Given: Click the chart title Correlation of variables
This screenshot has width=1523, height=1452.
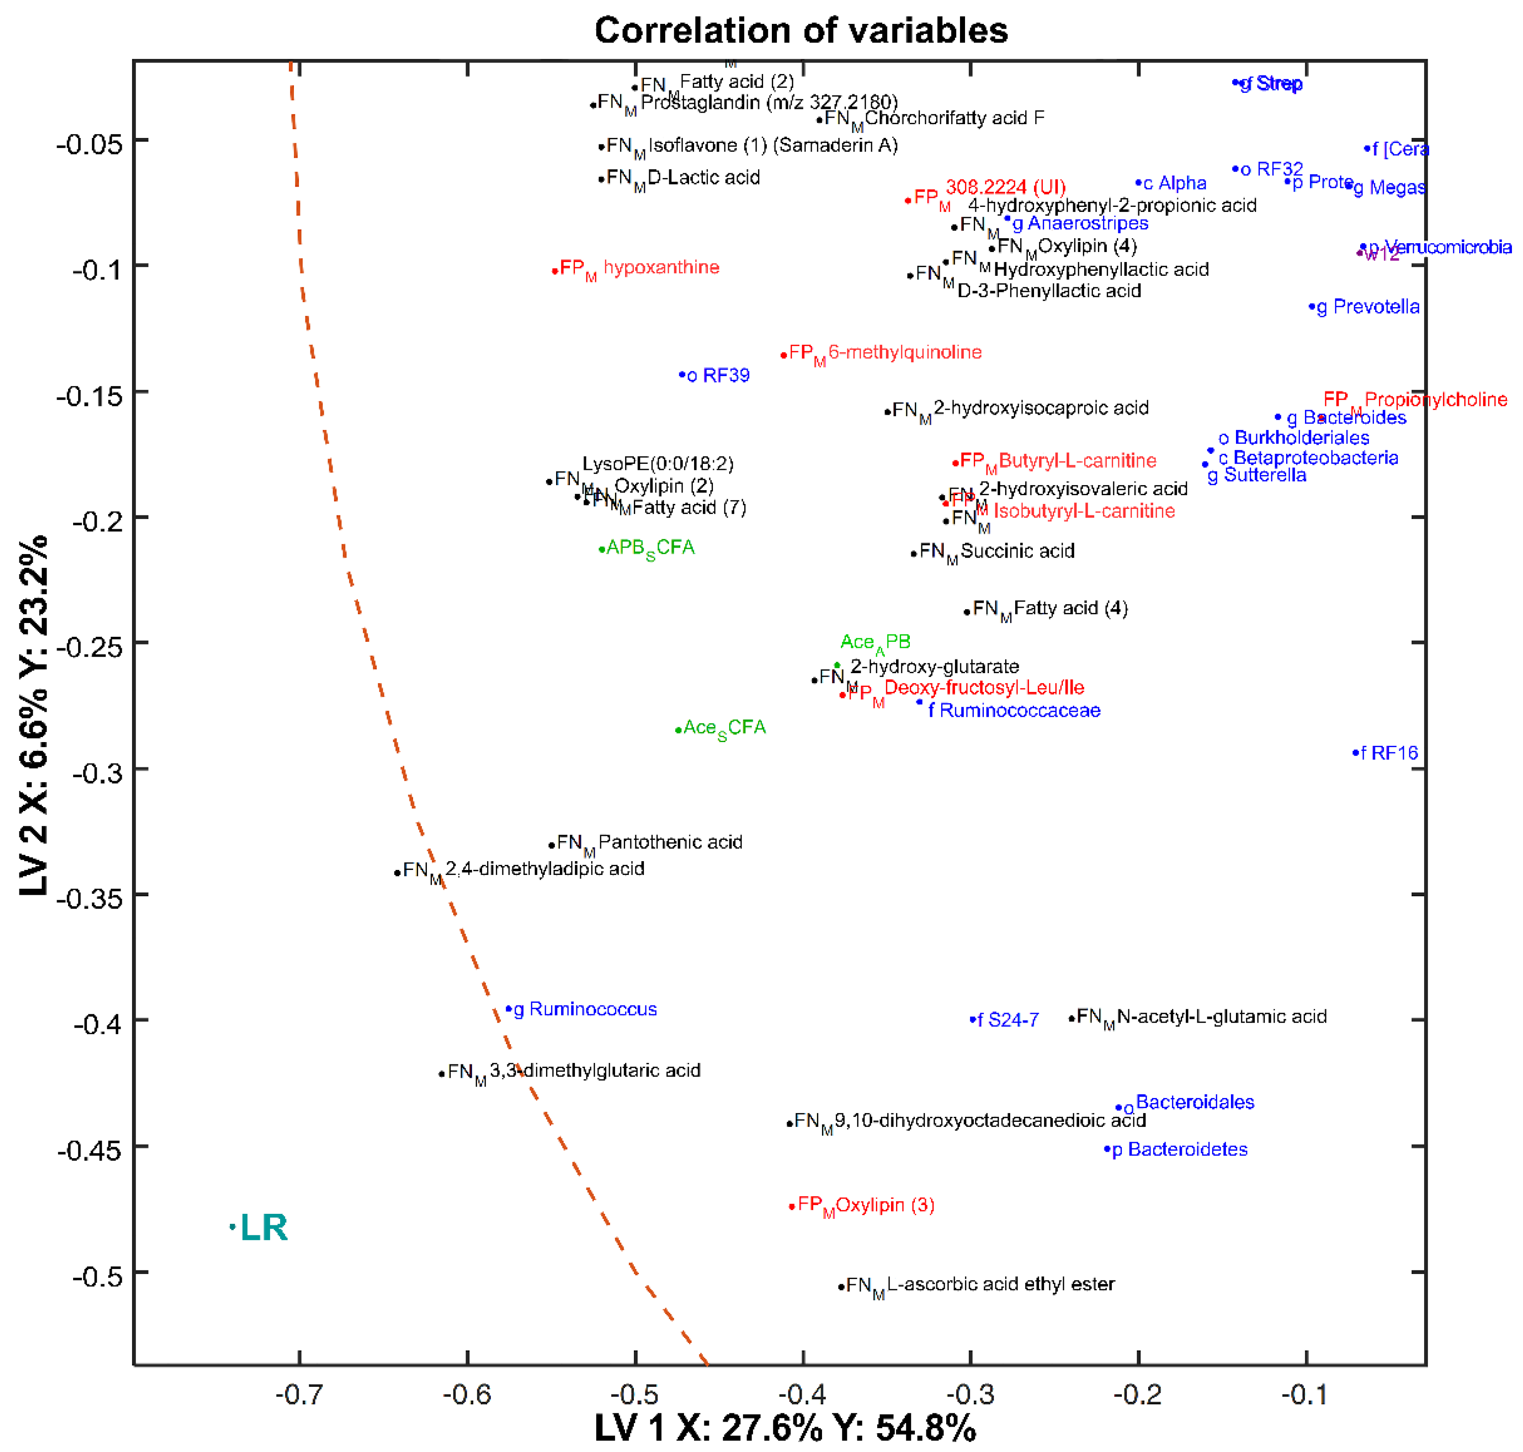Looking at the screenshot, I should [801, 31].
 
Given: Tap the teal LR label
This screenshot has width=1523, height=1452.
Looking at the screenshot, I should [263, 1228].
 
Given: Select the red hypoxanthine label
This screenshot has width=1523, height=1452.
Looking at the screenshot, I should [661, 268].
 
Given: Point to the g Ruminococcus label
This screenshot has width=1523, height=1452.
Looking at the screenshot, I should [585, 1009].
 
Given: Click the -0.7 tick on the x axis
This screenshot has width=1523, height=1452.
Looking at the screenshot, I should [299, 1395].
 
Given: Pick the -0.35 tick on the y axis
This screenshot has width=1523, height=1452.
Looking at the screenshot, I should [90, 898].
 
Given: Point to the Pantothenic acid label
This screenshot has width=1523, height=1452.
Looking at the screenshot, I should [670, 842].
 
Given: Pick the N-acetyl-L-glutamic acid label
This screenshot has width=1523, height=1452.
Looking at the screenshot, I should [1221, 1017].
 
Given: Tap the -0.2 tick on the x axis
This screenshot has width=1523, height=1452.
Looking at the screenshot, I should [1138, 1395].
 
